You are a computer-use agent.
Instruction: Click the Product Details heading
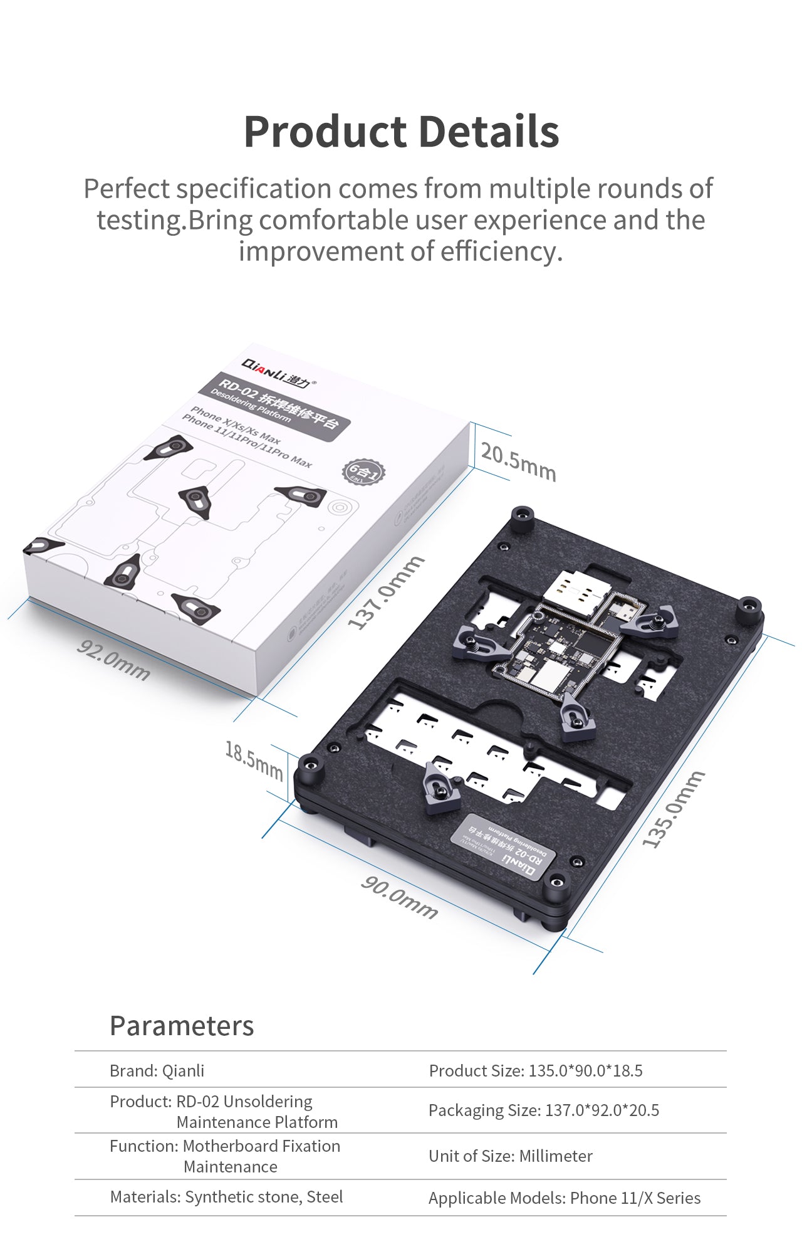pyautogui.click(x=401, y=132)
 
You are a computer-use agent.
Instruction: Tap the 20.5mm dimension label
pyautogui.click(x=518, y=461)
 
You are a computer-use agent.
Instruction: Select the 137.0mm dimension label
pyautogui.click(x=386, y=593)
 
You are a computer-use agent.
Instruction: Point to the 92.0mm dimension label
pyautogui.click(x=113, y=660)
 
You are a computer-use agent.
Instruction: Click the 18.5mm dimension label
pyautogui.click(x=254, y=760)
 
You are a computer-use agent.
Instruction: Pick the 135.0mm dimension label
pyautogui.click(x=674, y=809)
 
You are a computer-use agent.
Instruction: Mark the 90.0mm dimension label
pyautogui.click(x=399, y=898)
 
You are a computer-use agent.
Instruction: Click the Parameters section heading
pyautogui.click(x=182, y=1026)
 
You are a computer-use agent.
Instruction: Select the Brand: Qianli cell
pyautogui.click(x=157, y=1071)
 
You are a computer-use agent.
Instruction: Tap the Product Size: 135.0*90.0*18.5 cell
pyautogui.click(x=536, y=1071)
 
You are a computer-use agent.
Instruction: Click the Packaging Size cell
pyautogui.click(x=544, y=1110)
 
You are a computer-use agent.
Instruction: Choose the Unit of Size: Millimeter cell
pyautogui.click(x=510, y=1156)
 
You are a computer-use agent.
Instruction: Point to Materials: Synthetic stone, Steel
pyautogui.click(x=226, y=1197)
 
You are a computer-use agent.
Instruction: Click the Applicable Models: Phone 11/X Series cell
pyautogui.click(x=564, y=1198)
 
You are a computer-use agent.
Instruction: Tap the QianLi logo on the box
pyautogui.click(x=276, y=372)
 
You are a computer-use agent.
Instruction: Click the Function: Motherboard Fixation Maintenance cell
pyautogui.click(x=226, y=1156)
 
